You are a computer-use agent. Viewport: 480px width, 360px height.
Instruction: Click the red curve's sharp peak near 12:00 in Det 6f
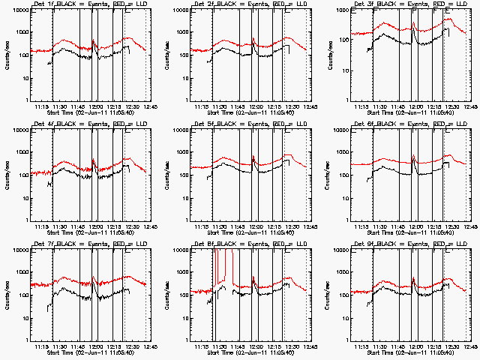(x=414, y=156)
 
